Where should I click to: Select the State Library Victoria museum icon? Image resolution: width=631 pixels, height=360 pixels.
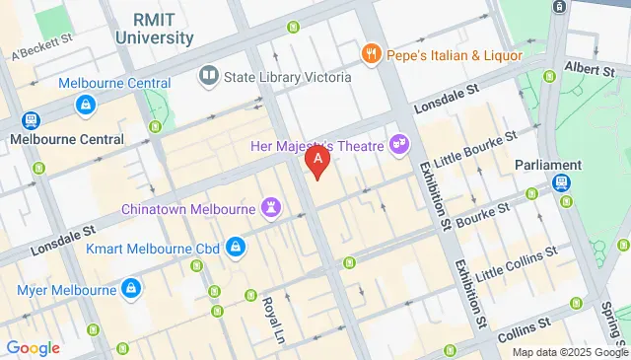coord(208,74)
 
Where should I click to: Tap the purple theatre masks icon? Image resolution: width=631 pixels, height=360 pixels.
coord(399,144)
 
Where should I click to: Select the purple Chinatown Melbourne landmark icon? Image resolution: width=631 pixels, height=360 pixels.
coord(269,208)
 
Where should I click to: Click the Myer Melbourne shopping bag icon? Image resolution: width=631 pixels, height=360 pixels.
coord(129,289)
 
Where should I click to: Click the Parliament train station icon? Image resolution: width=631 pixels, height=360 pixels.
coord(560,182)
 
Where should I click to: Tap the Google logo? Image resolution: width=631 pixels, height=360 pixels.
coord(33,347)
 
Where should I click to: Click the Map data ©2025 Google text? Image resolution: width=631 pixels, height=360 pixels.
coord(569,352)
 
